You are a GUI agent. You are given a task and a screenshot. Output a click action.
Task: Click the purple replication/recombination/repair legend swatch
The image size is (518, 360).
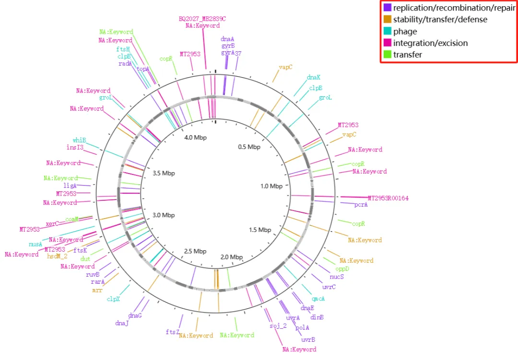(387, 8)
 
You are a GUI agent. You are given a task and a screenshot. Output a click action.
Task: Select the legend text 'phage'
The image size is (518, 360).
(405, 32)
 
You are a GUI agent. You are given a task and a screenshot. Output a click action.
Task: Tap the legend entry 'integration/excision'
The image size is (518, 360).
(430, 43)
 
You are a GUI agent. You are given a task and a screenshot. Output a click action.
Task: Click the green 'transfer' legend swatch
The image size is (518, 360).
(387, 55)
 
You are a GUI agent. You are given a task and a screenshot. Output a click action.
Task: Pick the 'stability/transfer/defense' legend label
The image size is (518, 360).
(440, 20)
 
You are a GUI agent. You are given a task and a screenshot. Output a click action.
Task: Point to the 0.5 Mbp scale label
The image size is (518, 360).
(249, 147)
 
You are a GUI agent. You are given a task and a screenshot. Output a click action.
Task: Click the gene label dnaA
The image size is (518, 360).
(227, 39)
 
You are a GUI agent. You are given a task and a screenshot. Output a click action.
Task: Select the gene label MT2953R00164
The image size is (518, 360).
(388, 198)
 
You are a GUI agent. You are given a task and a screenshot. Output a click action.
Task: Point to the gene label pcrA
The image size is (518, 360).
(361, 205)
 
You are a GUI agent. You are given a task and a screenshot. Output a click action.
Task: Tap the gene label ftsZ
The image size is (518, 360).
(172, 332)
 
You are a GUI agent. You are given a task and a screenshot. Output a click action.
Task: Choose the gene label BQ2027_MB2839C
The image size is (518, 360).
(202, 19)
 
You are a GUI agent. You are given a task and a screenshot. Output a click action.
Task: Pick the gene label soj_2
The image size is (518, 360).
(278, 326)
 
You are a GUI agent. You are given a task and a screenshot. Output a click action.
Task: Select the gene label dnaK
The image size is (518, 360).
(314, 77)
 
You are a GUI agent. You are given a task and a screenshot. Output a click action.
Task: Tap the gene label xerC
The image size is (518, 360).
(52, 223)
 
